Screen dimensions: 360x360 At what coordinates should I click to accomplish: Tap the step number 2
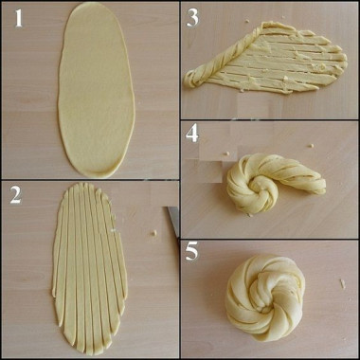pos(15,196)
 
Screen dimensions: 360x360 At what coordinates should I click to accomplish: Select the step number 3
pos(192,19)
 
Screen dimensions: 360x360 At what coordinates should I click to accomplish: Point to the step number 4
pos(192,133)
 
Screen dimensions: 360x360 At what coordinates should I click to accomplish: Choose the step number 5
pos(192,251)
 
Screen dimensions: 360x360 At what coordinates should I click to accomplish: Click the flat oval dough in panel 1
pos(97,90)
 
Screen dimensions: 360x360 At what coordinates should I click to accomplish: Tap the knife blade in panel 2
pos(172,221)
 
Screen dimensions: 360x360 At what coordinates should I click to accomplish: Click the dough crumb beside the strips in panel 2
pos(154,233)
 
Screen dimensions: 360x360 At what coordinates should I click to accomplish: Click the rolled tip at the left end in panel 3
pos(190,80)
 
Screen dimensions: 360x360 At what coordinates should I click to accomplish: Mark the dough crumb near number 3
pos(247,21)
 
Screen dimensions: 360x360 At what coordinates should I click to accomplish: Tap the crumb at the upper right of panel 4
pos(311,146)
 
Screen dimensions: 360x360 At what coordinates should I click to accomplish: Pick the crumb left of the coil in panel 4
pos(226,153)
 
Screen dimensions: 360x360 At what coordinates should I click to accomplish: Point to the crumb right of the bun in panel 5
pos(343,283)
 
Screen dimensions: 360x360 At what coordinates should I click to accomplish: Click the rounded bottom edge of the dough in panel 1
pos(97,172)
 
